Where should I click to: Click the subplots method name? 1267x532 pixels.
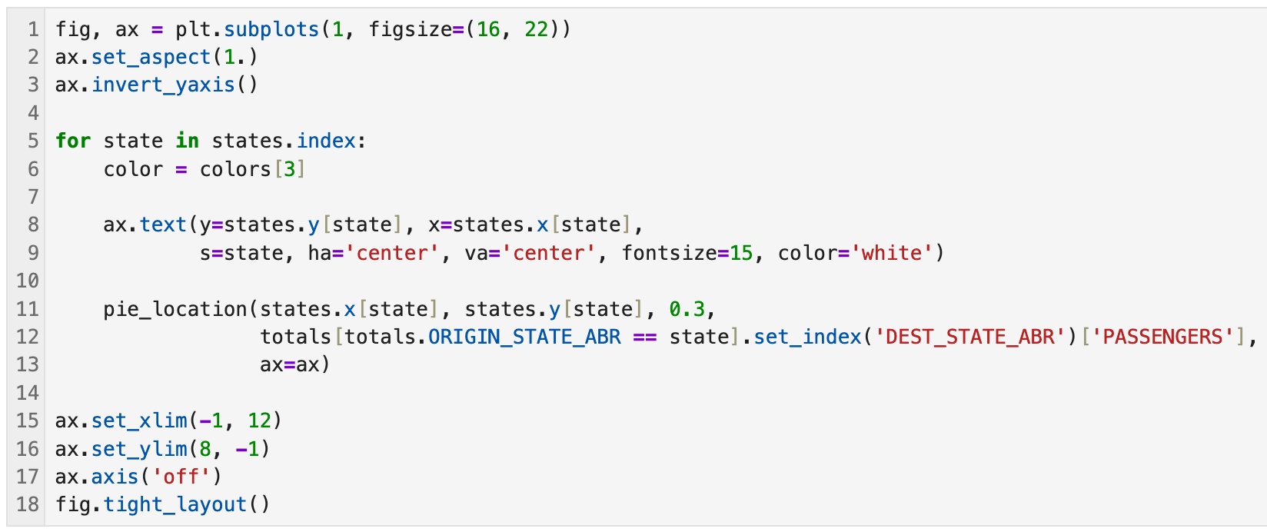(271, 29)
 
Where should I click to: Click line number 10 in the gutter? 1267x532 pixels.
(27, 281)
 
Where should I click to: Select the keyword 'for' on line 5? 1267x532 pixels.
(73, 141)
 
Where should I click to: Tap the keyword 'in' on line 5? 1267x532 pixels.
(188, 141)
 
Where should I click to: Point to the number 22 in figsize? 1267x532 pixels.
(536, 29)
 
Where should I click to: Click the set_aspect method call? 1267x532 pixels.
(151, 58)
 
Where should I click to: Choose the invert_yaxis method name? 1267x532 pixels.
(163, 85)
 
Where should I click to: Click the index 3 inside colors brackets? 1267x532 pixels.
(290, 169)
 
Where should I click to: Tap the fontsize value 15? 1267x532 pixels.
(741, 253)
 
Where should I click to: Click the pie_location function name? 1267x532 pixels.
(175, 309)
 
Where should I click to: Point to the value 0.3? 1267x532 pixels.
(687, 309)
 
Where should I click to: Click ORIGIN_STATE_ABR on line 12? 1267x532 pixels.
(524, 337)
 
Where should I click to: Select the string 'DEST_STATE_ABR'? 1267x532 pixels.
(970, 337)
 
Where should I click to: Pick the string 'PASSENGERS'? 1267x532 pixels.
(1168, 337)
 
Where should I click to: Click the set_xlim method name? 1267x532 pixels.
(139, 421)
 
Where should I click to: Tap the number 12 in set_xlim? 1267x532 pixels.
(260, 421)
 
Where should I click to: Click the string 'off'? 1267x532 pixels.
(181, 477)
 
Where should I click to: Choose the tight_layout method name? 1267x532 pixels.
(175, 505)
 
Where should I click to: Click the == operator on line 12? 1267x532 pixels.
(645, 337)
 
